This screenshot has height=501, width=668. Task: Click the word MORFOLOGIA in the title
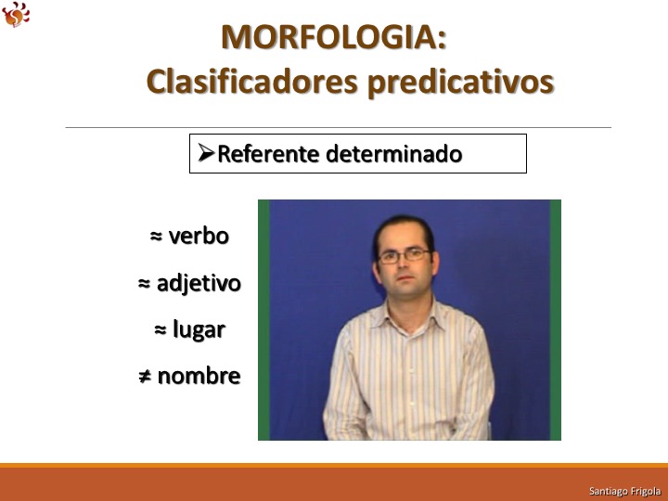pyautogui.click(x=329, y=37)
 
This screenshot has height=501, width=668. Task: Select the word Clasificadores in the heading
pyautogui.click(x=251, y=81)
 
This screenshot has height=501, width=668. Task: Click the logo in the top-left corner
pyautogui.click(x=16, y=15)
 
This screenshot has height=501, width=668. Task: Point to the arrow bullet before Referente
pyautogui.click(x=206, y=152)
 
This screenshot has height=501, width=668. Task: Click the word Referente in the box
pyautogui.click(x=268, y=153)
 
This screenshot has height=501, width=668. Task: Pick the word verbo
pyautogui.click(x=199, y=236)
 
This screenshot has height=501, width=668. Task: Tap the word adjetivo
pyautogui.click(x=199, y=283)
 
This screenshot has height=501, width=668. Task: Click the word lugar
pyautogui.click(x=199, y=329)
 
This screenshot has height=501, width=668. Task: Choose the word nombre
pyautogui.click(x=199, y=376)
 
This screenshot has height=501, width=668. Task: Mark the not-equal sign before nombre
pyautogui.click(x=145, y=377)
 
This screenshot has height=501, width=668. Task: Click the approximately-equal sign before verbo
pyautogui.click(x=157, y=236)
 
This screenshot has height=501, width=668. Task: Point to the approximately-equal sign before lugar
pyautogui.click(x=161, y=329)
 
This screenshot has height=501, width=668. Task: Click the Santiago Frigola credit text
pyautogui.click(x=624, y=491)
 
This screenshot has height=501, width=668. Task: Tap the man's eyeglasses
pyautogui.click(x=405, y=256)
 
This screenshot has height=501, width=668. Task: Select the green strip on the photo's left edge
pyautogui.click(x=263, y=320)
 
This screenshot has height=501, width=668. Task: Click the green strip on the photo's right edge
pyautogui.click(x=556, y=320)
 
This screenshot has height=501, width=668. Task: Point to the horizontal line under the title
pyautogui.click(x=339, y=127)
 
